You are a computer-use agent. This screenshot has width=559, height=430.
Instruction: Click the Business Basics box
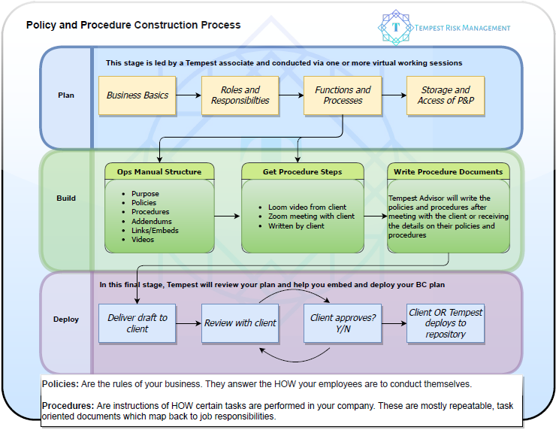coord(137,95)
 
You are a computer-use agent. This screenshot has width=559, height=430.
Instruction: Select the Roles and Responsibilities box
coord(240,95)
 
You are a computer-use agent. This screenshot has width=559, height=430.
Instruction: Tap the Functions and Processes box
coord(343,95)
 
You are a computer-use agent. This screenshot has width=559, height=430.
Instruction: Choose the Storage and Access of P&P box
coord(446,95)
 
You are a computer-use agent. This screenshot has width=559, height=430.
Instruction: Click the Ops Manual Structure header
coord(159,172)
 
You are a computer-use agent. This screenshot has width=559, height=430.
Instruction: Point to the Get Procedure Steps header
coord(303,172)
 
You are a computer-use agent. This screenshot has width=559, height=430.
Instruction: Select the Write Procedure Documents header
coord(449,172)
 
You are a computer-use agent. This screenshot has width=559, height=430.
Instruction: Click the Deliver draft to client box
coord(137,323)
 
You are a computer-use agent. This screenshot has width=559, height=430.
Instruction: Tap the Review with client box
coord(240,323)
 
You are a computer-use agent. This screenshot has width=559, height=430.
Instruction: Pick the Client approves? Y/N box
coord(343,323)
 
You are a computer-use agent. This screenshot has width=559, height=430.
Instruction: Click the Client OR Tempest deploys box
coord(446,323)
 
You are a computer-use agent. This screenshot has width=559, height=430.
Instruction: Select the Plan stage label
coord(66,95)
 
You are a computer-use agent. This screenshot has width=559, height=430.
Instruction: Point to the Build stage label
coord(66,198)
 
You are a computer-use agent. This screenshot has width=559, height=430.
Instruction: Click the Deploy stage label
coord(66,319)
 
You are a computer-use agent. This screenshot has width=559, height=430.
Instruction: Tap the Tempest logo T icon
coord(396,28)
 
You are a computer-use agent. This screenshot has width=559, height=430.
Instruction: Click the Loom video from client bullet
coord(306,207)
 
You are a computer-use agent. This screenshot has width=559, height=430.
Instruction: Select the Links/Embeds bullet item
coord(155,231)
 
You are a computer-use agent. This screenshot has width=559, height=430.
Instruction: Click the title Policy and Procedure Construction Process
coord(134,25)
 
